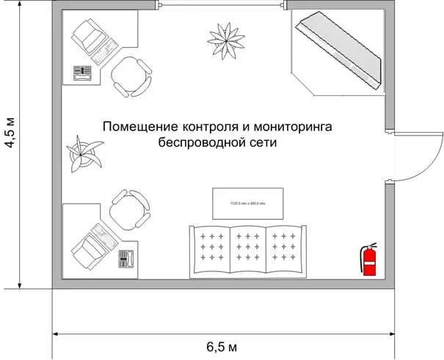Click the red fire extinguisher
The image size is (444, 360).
tap(369, 260)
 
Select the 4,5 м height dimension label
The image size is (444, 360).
tap(11, 132)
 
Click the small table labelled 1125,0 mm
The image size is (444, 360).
tap(247, 202)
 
